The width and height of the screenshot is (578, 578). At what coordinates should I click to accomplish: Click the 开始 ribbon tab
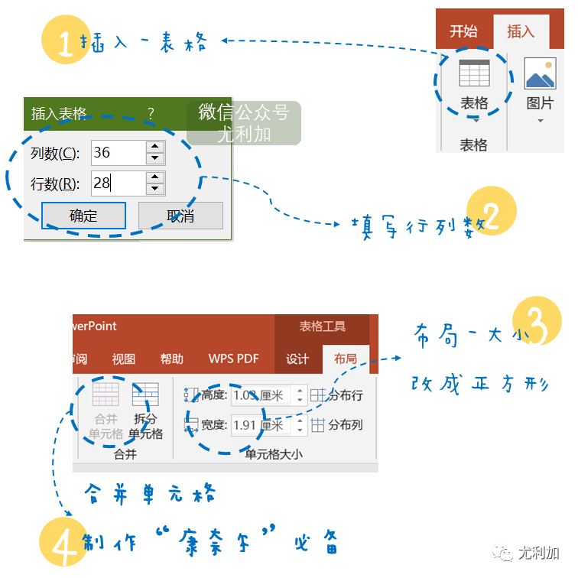click(463, 31)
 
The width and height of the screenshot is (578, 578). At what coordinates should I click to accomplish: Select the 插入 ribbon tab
click(521, 31)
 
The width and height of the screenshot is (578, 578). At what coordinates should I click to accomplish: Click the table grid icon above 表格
click(474, 73)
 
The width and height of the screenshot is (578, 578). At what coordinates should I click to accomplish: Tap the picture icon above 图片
click(541, 73)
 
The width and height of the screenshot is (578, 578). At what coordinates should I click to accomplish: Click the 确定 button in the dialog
click(83, 216)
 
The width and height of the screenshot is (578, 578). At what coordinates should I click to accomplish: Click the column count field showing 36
click(118, 152)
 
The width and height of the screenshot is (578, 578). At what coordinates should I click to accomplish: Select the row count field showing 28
click(118, 183)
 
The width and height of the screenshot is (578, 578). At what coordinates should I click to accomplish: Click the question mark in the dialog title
click(151, 114)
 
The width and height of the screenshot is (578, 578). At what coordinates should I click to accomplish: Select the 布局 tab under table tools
click(345, 359)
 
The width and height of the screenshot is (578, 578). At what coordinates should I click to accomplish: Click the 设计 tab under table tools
click(297, 359)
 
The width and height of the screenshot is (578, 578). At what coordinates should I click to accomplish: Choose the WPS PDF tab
click(233, 359)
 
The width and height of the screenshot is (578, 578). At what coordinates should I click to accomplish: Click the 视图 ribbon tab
click(123, 359)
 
